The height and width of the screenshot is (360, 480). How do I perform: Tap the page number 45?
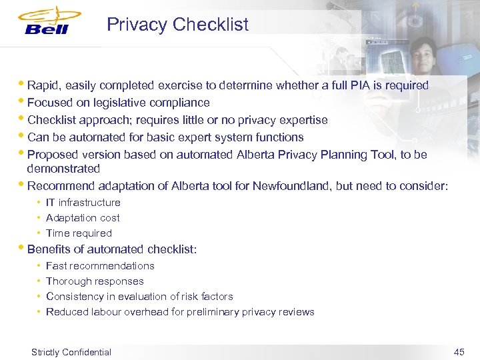click(x=459, y=352)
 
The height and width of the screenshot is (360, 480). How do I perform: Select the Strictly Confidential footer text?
click(x=71, y=352)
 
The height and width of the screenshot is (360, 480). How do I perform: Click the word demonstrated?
click(x=63, y=169)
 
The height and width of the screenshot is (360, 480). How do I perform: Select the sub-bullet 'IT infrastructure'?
click(x=83, y=203)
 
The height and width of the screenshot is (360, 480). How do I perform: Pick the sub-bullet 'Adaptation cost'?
click(x=83, y=218)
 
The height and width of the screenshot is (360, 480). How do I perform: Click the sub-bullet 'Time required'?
click(x=79, y=233)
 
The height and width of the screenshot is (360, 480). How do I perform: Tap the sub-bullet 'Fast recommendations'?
click(x=100, y=266)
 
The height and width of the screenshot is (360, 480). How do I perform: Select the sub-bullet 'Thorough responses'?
click(x=95, y=281)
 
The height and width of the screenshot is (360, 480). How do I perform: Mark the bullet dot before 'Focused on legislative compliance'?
click(x=23, y=101)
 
